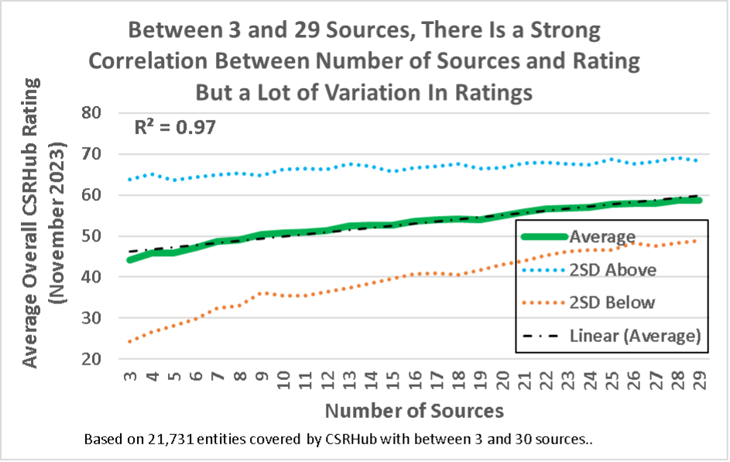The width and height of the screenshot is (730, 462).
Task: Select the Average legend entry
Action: pyautogui.click(x=603, y=236)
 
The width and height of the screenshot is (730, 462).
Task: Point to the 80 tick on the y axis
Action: pyautogui.click(x=101, y=113)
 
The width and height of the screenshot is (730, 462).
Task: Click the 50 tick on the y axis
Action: pyautogui.click(x=101, y=236)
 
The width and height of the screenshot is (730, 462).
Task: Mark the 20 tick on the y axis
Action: pyautogui.click(x=101, y=359)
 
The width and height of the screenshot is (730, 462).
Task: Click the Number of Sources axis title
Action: pyautogui.click(x=414, y=410)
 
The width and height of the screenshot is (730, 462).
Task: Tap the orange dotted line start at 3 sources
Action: pyautogui.click(x=129, y=341)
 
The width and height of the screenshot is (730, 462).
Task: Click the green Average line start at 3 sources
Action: pyautogui.click(x=129, y=259)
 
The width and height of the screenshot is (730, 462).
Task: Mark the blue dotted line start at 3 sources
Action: pyautogui.click(x=129, y=180)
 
